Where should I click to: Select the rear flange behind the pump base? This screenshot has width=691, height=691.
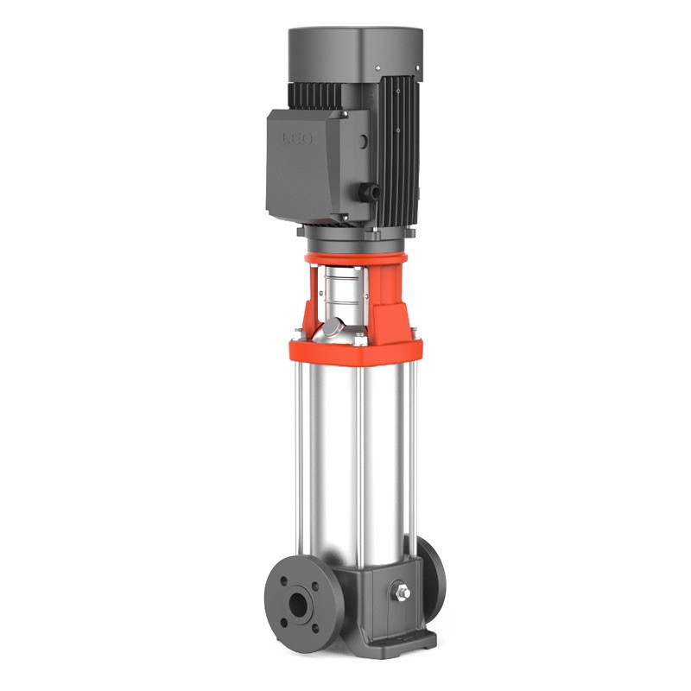pos(434,570)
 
